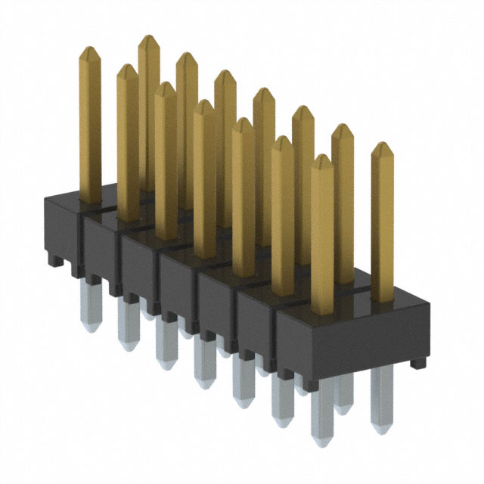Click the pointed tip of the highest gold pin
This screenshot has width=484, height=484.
(148, 37)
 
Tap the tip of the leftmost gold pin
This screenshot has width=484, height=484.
(90, 48)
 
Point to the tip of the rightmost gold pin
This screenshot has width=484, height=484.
(382, 144)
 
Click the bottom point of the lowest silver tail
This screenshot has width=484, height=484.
(322, 443)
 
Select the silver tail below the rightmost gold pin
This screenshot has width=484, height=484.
(382, 397)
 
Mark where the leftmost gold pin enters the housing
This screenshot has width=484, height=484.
(90, 200)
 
